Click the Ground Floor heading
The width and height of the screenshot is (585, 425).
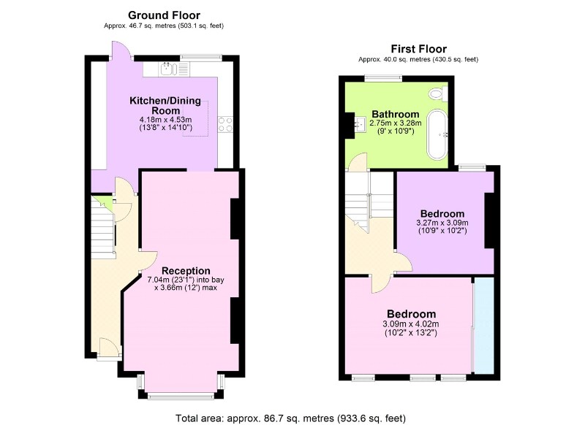click(x=164, y=15)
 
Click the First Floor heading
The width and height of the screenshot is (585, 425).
click(x=418, y=49)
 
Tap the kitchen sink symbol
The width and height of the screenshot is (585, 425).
click(x=167, y=69)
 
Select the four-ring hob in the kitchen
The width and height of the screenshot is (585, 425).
click(x=225, y=124)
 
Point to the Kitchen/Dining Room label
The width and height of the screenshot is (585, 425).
click(x=165, y=105)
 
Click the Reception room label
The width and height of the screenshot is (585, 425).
click(x=186, y=271)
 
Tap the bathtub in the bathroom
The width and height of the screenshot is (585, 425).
click(x=437, y=134)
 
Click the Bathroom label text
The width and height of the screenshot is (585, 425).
click(x=396, y=114)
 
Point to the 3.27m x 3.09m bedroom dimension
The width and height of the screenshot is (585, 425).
click(x=442, y=223)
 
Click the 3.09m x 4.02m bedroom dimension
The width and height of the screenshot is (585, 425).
click(x=411, y=324)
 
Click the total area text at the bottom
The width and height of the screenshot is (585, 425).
click(x=290, y=418)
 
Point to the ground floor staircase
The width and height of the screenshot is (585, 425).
click(x=102, y=227)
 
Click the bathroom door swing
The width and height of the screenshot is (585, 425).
click(x=356, y=162)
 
